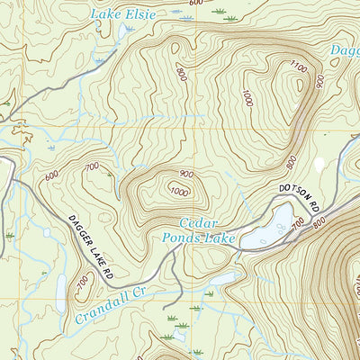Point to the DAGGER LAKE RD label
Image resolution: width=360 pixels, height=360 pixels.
93,245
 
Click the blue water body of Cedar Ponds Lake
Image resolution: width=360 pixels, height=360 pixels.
270,229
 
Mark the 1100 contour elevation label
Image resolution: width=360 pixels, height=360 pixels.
298,67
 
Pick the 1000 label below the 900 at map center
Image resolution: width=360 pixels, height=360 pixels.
179,190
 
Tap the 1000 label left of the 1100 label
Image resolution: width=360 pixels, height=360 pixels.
246,96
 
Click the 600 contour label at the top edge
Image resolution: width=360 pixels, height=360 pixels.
196,4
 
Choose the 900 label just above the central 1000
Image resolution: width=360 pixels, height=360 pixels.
185,174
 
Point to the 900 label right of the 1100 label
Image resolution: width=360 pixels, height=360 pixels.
318,81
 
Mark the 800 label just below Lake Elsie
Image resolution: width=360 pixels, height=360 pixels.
182,75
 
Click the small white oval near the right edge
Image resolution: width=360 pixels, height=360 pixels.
318,165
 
